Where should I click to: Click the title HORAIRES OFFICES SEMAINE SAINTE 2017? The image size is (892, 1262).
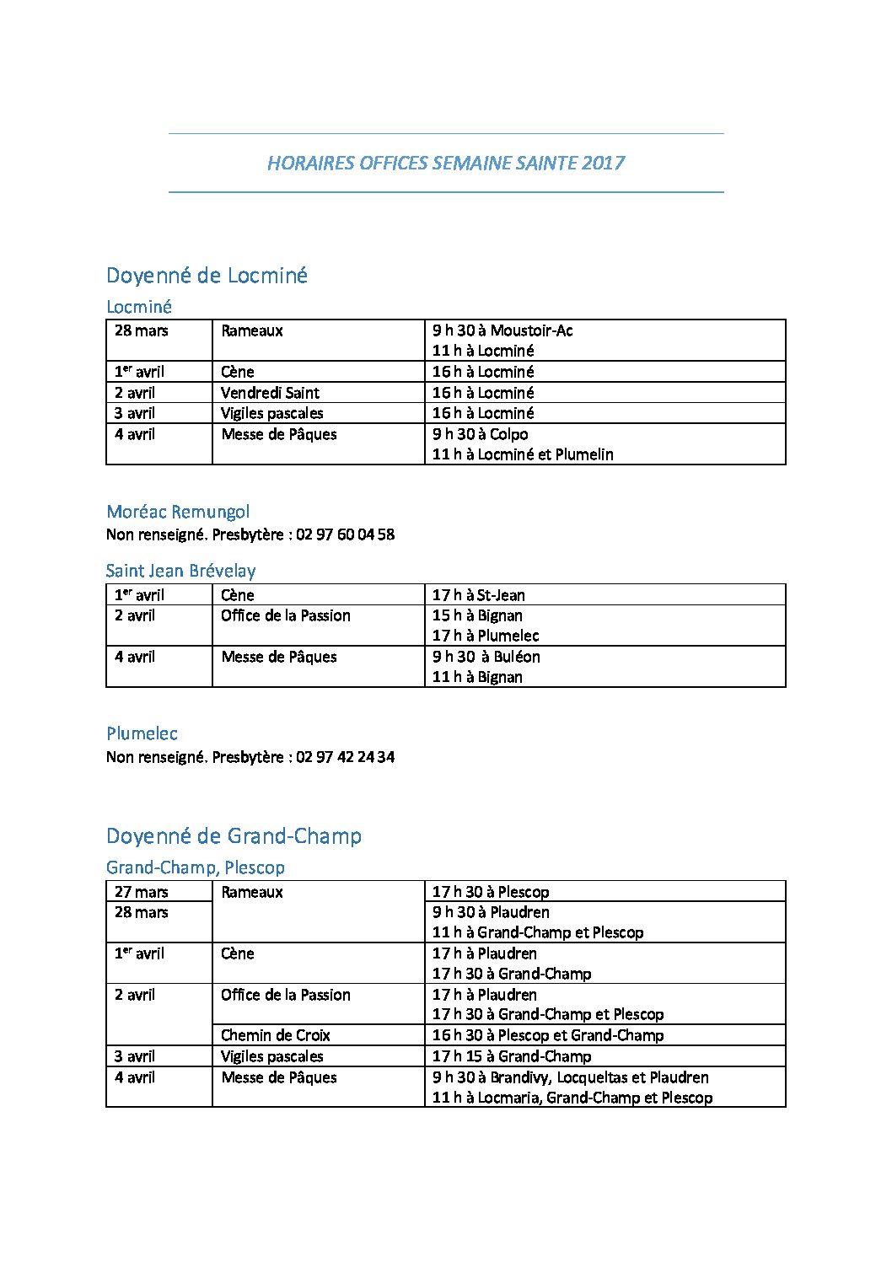point(445,163)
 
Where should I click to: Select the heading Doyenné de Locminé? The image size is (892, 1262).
point(207,276)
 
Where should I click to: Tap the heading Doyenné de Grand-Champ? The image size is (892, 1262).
point(234,836)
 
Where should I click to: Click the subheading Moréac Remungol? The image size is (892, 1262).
point(178,512)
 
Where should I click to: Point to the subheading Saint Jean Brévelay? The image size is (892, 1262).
point(180,571)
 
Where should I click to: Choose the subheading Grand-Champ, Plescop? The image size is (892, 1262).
point(196,867)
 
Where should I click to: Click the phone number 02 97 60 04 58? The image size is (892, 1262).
point(346,534)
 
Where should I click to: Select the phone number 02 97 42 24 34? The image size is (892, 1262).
point(346,757)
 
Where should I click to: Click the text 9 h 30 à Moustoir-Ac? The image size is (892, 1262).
point(502,330)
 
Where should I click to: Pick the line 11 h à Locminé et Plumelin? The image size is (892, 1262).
point(523,454)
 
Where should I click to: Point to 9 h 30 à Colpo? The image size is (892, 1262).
point(480,434)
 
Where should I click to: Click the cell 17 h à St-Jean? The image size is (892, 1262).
point(478,595)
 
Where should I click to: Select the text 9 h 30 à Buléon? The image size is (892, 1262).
point(486,657)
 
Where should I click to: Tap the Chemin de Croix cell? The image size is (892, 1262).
point(275,1035)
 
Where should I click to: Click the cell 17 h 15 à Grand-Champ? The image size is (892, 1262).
point(511,1056)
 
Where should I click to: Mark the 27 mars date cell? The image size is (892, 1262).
point(141,892)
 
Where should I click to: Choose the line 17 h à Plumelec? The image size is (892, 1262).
point(485,636)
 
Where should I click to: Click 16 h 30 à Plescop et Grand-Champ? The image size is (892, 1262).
point(547,1035)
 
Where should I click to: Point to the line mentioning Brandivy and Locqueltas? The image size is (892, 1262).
point(570,1077)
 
